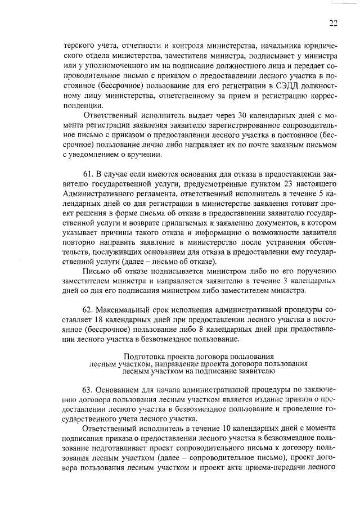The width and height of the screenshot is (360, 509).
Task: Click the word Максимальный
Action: point(121,310)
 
